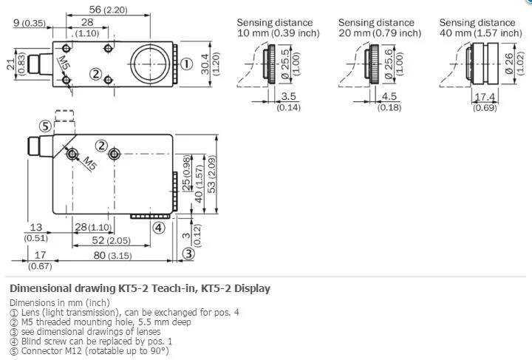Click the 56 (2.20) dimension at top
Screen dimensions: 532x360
click(x=108, y=10)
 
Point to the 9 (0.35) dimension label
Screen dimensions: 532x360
click(x=29, y=23)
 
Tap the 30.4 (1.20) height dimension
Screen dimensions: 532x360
click(x=210, y=64)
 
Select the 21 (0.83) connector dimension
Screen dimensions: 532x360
click(x=16, y=64)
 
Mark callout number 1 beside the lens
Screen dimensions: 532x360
click(x=186, y=64)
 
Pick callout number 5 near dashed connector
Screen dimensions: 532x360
click(x=45, y=126)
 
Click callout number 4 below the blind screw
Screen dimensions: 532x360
click(x=158, y=228)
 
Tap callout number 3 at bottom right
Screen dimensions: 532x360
click(x=188, y=254)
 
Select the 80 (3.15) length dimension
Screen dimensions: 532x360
click(x=112, y=255)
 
